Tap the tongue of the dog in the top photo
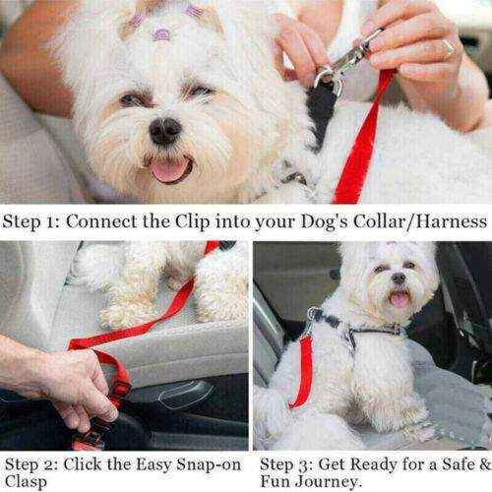(x=169, y=170)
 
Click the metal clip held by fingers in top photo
(x=338, y=65)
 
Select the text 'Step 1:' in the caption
(x=32, y=221)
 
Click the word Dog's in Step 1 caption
(x=320, y=221)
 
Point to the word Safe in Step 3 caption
(x=443, y=461)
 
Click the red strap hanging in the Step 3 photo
(x=305, y=369)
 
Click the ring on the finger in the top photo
(x=449, y=46)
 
